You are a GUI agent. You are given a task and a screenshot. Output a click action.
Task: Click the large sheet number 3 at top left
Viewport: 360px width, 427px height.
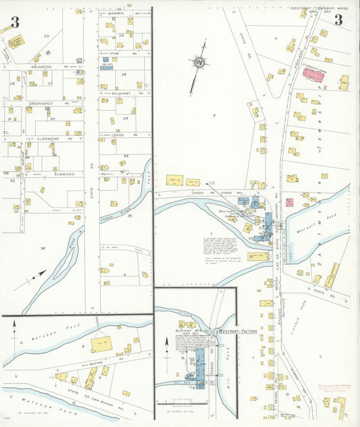15,22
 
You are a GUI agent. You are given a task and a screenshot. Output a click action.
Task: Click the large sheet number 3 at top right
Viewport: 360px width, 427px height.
338,20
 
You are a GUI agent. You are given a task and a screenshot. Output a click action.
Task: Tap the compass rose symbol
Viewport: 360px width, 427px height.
199,64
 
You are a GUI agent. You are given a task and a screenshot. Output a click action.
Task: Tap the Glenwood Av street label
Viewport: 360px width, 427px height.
44,139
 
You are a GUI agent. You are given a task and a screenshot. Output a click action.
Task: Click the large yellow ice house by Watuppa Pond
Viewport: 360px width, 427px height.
102,344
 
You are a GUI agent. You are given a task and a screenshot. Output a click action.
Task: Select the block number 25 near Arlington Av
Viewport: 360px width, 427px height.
47,35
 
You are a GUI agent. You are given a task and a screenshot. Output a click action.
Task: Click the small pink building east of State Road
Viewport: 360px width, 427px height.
289,202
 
